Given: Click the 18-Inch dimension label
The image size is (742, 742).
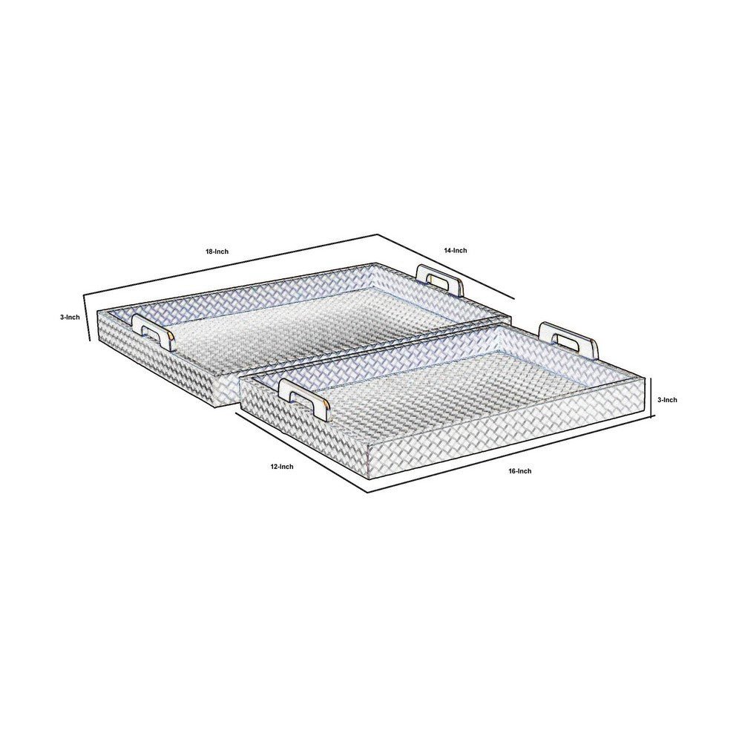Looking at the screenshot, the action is coord(217,252).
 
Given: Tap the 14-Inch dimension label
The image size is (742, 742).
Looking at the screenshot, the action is coord(456,250).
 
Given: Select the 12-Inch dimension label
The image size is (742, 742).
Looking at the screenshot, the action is coord(281,467).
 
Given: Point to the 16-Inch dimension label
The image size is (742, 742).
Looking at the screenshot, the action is coord(519,471).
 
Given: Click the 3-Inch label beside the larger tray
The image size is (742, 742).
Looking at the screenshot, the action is coord(70,317).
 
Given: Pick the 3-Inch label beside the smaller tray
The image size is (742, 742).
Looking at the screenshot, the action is coord(667,400).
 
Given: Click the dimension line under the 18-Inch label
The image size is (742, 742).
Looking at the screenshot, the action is coord(231,265).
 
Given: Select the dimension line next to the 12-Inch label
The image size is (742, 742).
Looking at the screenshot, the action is coord(301,453).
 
